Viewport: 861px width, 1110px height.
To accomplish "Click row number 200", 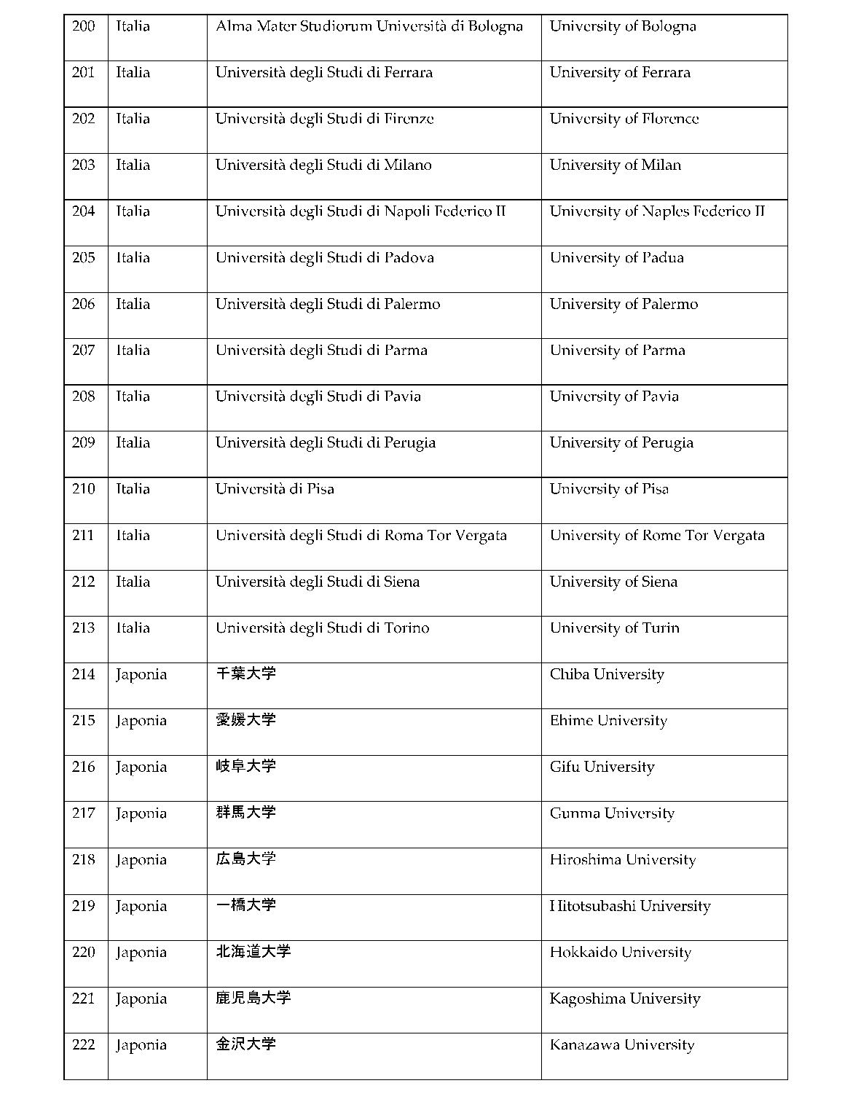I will point(84,27).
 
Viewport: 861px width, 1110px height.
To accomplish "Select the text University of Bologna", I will point(623,27).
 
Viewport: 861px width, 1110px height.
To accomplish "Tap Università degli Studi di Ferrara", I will point(324,73).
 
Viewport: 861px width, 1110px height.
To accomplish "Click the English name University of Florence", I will point(624,119).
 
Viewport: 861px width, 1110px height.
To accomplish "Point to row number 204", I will point(84,211).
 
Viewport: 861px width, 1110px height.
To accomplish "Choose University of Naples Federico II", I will point(657,211).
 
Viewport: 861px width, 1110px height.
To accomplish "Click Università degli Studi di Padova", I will point(325,258).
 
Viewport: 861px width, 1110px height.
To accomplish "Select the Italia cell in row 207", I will point(133,351).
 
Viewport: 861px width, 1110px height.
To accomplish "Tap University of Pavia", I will point(614,396).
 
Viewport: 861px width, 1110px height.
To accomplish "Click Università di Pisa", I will point(275,489).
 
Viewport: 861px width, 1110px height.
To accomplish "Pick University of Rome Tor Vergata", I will point(657,536).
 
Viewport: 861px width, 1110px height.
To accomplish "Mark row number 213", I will point(84,628).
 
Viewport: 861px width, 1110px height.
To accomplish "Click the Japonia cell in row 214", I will point(141,675).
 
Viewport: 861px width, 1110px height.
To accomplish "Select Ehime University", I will point(608,721).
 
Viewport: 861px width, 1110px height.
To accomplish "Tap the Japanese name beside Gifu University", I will point(245,766).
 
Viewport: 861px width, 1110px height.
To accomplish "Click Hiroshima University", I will point(623,860).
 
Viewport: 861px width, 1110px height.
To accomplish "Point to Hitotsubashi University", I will point(630,907).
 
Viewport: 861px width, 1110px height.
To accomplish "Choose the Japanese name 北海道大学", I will point(253,951).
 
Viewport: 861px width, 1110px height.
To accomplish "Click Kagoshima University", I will point(625,999).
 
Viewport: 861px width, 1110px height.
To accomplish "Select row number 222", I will point(84,1045).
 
